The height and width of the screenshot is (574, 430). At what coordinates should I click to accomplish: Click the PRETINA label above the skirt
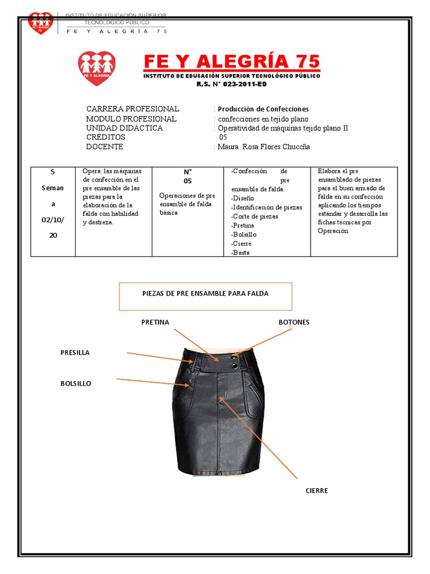(x=155, y=322)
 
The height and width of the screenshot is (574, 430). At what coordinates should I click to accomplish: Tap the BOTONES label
(x=294, y=322)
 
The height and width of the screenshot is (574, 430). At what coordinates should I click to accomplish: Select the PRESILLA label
(x=75, y=353)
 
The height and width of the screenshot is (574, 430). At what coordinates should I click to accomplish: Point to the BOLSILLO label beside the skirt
(x=76, y=383)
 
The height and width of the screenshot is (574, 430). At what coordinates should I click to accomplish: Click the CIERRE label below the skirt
(x=317, y=490)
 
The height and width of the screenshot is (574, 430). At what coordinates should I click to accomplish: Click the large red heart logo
(x=97, y=68)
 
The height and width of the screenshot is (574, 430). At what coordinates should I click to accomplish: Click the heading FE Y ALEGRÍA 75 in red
(x=232, y=61)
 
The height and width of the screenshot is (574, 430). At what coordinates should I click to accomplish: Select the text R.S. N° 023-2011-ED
(x=232, y=84)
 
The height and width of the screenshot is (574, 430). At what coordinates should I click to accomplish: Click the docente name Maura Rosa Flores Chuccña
(x=264, y=147)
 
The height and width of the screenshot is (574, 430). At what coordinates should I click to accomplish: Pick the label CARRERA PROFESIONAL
(x=133, y=109)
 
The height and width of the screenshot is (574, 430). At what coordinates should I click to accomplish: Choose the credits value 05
(x=223, y=137)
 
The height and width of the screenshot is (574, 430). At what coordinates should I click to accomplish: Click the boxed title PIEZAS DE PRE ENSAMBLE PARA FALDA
(x=205, y=294)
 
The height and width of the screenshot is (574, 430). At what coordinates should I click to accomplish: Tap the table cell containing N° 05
(x=188, y=176)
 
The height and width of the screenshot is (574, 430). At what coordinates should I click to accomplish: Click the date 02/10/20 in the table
(x=53, y=228)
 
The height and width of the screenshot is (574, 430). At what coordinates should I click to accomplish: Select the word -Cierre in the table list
(x=241, y=244)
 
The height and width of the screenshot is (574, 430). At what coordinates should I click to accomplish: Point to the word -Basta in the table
(x=240, y=253)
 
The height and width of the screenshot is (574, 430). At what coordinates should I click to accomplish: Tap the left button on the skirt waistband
(x=233, y=354)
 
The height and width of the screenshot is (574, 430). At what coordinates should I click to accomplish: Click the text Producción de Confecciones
(x=263, y=109)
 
